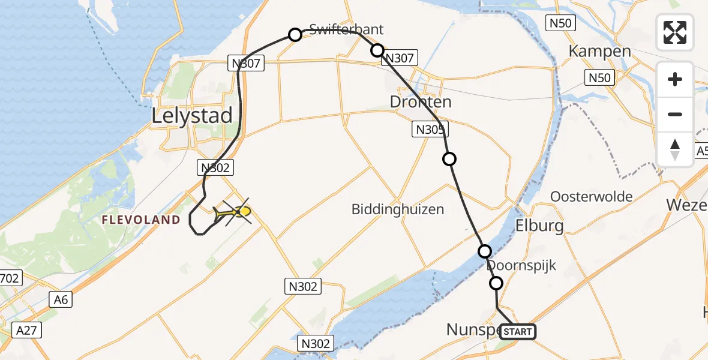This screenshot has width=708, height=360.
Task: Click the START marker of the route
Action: pos(517,331)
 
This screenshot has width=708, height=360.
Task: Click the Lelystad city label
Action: pos(192,115)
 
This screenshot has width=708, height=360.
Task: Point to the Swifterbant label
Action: pos(346,29)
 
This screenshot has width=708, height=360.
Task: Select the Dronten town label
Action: pos(421,102)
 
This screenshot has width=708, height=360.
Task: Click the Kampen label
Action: pos(599,51)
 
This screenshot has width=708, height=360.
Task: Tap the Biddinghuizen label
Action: pos(398,209)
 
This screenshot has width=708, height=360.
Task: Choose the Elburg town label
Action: pos(540,226)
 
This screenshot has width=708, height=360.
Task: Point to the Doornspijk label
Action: pos(522,265)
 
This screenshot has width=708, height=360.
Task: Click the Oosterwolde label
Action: pos(592,196)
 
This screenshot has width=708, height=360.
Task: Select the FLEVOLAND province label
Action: pos(141,220)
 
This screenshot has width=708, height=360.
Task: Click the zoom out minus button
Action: pos(675,114)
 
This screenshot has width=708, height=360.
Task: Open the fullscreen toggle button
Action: pos(675,32)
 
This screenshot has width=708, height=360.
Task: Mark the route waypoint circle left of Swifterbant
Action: pos(295,35)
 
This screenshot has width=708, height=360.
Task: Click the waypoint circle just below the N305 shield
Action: pos(449,159)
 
